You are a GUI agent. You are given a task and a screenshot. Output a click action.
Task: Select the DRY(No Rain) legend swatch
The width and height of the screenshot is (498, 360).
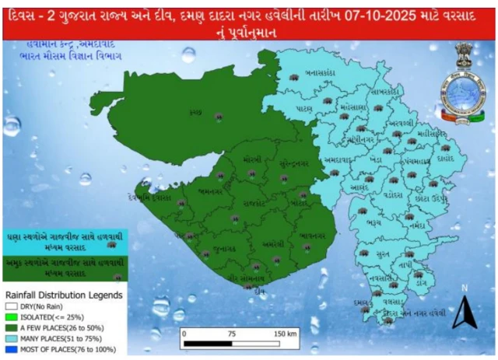10,308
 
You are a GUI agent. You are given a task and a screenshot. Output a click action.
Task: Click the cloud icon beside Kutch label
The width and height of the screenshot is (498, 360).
219,116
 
